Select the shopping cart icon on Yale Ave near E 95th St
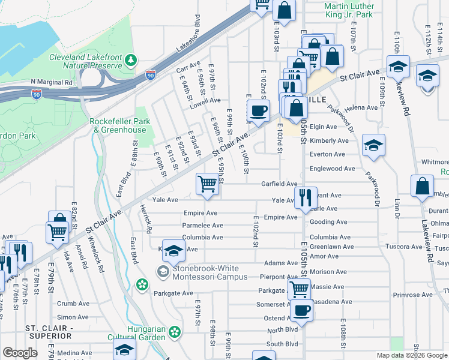208,184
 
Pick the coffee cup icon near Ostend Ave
303,311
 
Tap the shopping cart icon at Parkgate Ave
299,290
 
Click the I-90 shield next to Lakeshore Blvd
150,75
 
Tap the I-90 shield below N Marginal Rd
37,94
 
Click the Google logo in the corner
20,353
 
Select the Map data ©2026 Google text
412,355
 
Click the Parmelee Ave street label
203,226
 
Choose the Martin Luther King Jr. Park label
348,10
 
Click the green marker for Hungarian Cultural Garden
175,331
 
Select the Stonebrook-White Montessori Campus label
209,272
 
